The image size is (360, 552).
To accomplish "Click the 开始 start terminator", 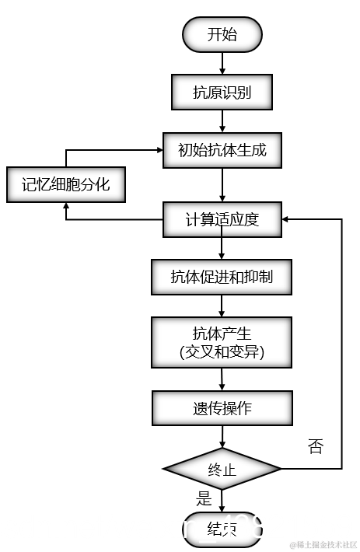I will point(222,35).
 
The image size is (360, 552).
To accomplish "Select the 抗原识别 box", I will point(222,93).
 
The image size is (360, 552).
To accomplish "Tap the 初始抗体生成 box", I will point(222,150).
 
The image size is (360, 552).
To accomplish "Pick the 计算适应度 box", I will point(222,219).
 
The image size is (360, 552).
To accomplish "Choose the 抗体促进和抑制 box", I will point(222,277).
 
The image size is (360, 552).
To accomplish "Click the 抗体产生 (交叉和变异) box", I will point(222,342).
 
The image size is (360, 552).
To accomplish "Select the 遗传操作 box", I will point(222,408).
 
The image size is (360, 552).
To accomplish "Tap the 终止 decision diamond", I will point(222,469).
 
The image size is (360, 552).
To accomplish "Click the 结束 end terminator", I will point(222,529).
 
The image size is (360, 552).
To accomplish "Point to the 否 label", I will point(315,445).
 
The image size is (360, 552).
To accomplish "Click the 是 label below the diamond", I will point(204,498).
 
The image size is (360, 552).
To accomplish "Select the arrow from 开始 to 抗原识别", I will point(223,63).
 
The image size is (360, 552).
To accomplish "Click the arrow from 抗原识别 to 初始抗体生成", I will point(223,121).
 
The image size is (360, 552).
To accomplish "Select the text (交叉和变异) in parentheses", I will point(222,352).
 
